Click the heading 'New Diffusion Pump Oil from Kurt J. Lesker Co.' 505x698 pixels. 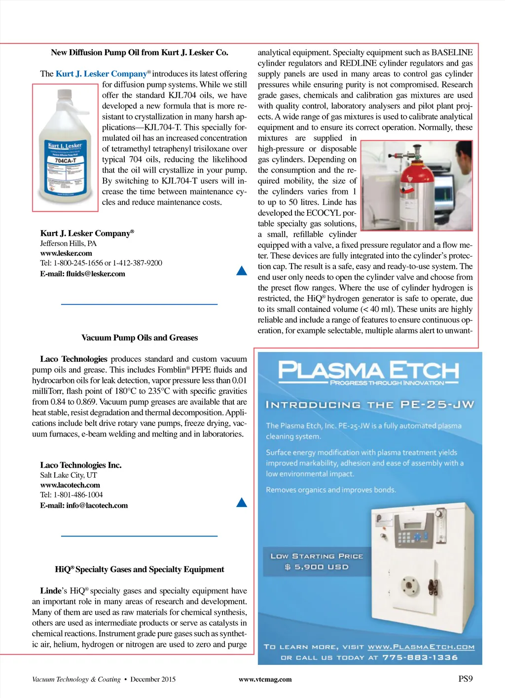point(139,52)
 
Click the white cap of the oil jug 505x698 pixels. point(65,94)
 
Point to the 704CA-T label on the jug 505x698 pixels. point(65,160)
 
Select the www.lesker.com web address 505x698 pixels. point(66,253)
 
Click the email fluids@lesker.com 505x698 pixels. point(82,274)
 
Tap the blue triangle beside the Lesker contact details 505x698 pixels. point(242,271)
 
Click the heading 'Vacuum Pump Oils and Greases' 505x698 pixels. point(139,338)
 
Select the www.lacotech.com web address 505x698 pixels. point(70,485)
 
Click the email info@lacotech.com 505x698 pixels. point(84,505)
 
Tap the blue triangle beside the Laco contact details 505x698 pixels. point(242,503)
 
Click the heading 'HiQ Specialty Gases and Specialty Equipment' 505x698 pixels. point(139,569)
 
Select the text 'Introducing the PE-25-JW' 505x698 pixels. point(369,405)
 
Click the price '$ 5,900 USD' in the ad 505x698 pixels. point(317,567)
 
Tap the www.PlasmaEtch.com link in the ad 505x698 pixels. point(421,647)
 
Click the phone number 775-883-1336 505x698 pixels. point(420,658)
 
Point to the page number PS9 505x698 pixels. point(465,679)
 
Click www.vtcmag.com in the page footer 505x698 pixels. point(265,679)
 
